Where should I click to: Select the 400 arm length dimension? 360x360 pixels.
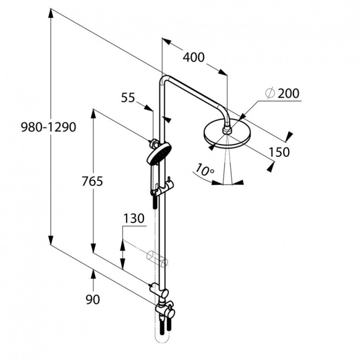[194, 57]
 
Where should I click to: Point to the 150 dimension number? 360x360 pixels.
[279, 152]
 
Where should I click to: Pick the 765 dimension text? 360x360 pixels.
[93, 181]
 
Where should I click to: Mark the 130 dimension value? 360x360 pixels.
[133, 218]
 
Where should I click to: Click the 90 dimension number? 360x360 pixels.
[93, 300]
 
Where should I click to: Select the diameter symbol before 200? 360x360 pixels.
[269, 93]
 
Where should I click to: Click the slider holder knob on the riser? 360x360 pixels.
[169, 183]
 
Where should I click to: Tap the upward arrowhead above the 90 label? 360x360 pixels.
[93, 274]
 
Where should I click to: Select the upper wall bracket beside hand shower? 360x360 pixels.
[153, 143]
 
